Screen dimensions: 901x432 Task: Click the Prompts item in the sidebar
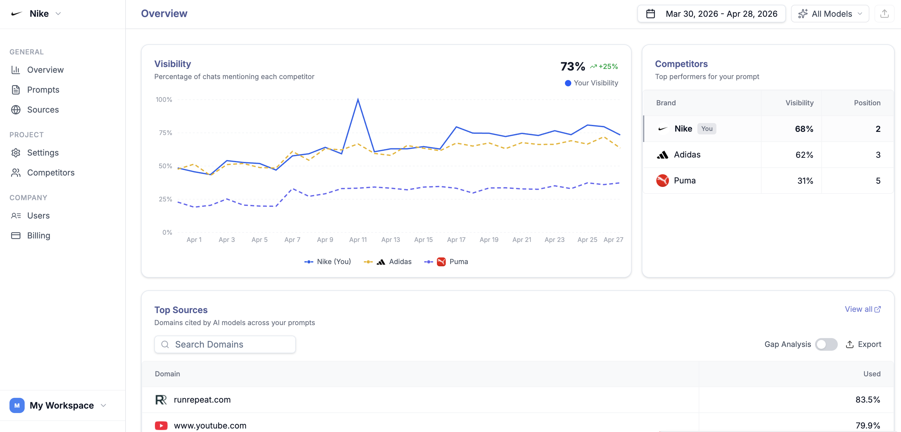pyautogui.click(x=43, y=90)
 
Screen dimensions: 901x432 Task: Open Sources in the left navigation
pyautogui.click(x=43, y=110)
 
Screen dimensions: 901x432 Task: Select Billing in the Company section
pyautogui.click(x=39, y=236)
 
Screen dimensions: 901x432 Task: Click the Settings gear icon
pyautogui.click(x=16, y=153)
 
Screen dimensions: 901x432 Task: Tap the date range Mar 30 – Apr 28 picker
pyautogui.click(x=711, y=14)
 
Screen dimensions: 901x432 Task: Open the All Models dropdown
pyautogui.click(x=830, y=14)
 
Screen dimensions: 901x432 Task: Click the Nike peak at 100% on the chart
pyautogui.click(x=358, y=99)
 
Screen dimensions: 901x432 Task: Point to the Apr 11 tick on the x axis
pyautogui.click(x=358, y=240)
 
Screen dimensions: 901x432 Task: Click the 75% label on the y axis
pyautogui.click(x=165, y=133)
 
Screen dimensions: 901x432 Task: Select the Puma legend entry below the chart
pyautogui.click(x=446, y=262)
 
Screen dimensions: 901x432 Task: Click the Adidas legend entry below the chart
pyautogui.click(x=388, y=262)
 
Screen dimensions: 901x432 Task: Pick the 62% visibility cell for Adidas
pyautogui.click(x=804, y=155)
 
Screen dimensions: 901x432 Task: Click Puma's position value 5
pyautogui.click(x=878, y=181)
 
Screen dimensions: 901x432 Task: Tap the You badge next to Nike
pyautogui.click(x=707, y=129)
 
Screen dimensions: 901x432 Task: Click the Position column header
pyautogui.click(x=867, y=103)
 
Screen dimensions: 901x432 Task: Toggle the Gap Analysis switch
pyautogui.click(x=826, y=344)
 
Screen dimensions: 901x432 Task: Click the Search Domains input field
pyautogui.click(x=225, y=344)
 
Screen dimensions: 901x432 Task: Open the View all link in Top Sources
pyautogui.click(x=862, y=309)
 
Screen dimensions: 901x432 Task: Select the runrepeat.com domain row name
pyautogui.click(x=202, y=400)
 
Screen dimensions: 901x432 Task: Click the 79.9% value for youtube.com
pyautogui.click(x=868, y=426)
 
